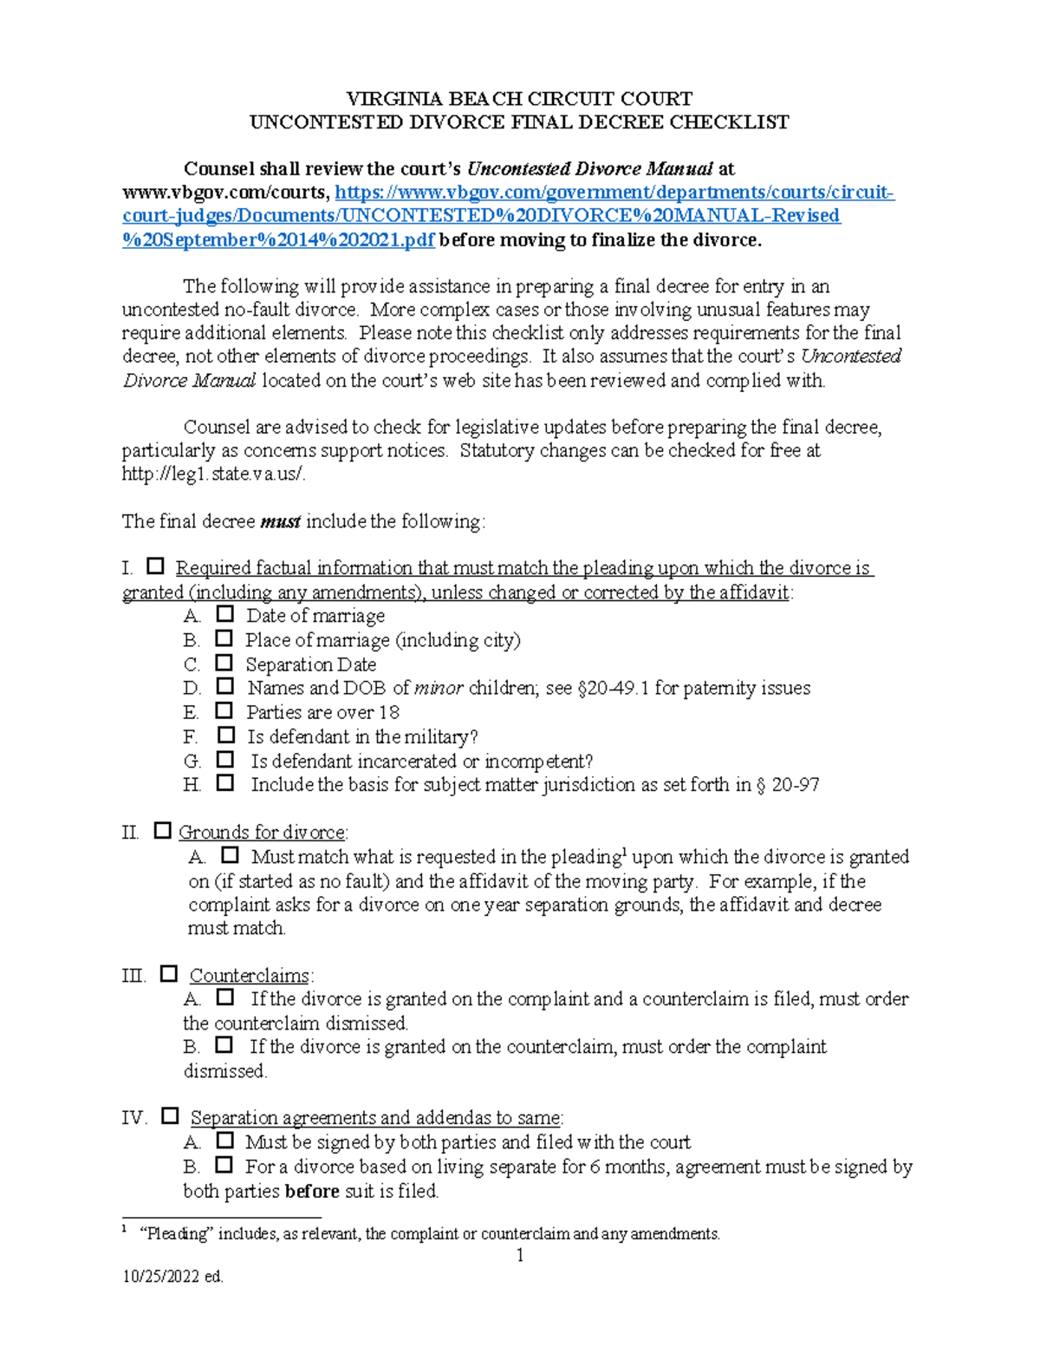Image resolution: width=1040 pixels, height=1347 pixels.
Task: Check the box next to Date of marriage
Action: (225, 614)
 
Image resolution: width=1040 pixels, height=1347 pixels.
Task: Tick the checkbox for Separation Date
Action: (224, 663)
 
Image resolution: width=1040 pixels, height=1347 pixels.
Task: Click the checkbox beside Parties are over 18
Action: (224, 710)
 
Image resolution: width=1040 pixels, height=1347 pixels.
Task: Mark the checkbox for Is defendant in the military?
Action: (225, 735)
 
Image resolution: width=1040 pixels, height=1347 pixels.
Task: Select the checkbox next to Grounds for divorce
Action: (162, 830)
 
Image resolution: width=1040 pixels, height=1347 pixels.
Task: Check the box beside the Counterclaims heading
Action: (169, 973)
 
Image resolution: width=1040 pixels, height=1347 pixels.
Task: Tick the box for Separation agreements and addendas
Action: (170, 1115)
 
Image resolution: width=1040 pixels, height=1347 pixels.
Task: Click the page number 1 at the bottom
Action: (520, 1255)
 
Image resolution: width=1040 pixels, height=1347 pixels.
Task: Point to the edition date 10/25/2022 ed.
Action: (172, 1277)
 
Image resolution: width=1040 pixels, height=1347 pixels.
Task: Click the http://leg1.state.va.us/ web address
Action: (213, 474)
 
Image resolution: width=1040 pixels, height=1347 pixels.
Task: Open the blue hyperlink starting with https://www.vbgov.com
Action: (614, 193)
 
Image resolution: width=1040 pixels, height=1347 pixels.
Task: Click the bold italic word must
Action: (280, 521)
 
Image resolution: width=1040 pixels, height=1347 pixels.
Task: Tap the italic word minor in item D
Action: (439, 688)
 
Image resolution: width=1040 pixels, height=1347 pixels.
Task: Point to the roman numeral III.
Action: (133, 975)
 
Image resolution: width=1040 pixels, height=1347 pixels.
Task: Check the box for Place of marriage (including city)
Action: (224, 638)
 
